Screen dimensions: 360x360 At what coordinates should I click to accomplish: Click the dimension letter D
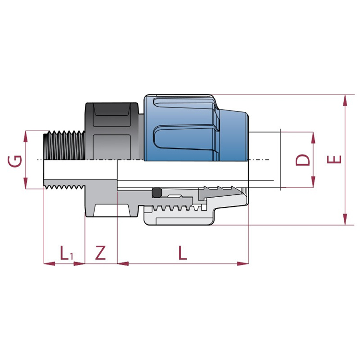(302, 160)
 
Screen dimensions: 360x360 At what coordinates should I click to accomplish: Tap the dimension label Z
(101, 252)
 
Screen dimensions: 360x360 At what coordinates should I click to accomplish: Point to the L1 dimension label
(67, 253)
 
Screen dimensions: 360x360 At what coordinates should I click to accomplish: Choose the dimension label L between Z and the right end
(182, 253)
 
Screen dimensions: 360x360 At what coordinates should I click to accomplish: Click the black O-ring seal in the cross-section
(157, 192)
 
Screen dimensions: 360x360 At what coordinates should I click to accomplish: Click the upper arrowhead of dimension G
(25, 136)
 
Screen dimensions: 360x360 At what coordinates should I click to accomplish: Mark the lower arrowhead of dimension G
(25, 183)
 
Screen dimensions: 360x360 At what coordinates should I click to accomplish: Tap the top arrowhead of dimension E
(345, 100)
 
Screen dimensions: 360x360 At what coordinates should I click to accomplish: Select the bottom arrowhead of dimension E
(345, 219)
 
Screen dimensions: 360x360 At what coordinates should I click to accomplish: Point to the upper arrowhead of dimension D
(313, 138)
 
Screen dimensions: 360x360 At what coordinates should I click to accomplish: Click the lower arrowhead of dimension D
(313, 182)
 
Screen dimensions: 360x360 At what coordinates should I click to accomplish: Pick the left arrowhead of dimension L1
(49, 264)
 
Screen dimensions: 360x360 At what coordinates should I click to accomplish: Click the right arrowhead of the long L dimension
(243, 264)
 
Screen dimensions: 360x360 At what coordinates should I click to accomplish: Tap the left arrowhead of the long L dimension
(123, 264)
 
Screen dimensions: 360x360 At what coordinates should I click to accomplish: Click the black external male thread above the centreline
(64, 145)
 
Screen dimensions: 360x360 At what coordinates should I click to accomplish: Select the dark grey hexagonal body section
(112, 131)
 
